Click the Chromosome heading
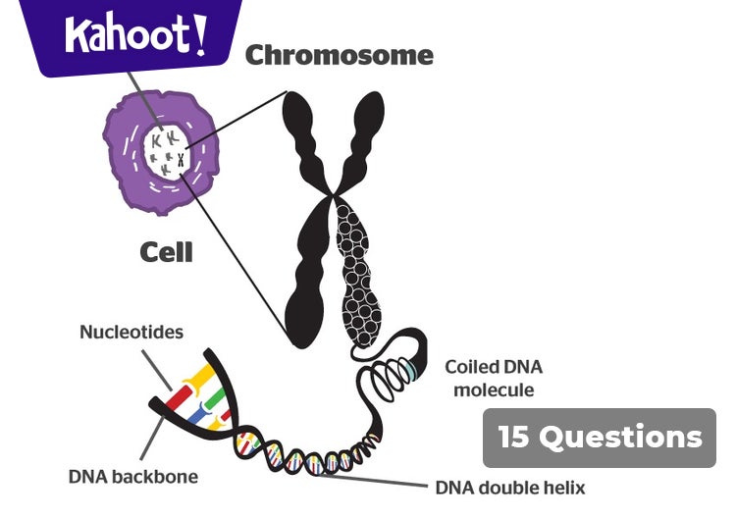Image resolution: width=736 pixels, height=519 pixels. (339, 55)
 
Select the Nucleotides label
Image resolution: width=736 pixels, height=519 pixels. (131, 333)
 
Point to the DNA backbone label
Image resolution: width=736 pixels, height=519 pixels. (133, 477)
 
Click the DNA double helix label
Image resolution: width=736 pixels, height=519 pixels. (510, 486)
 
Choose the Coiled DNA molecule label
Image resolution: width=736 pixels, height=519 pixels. (494, 379)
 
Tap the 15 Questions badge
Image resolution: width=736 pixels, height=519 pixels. (600, 438)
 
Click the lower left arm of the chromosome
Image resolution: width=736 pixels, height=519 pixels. (307, 275)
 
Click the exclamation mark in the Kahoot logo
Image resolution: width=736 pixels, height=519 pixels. (201, 31)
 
